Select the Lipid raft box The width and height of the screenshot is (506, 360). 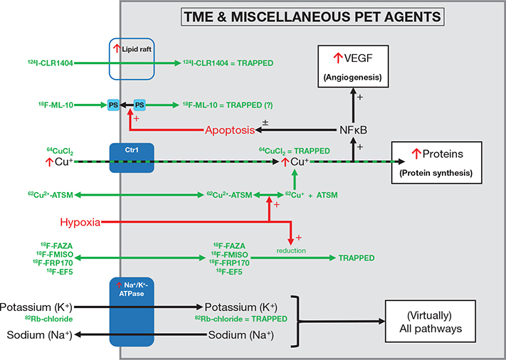(130, 57)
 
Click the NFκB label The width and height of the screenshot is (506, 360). (352, 131)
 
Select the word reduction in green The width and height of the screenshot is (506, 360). (292, 250)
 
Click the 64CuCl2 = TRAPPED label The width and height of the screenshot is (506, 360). (295, 150)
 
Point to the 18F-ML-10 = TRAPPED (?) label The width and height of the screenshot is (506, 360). (228, 106)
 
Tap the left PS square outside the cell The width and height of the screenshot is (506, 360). (113, 106)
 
